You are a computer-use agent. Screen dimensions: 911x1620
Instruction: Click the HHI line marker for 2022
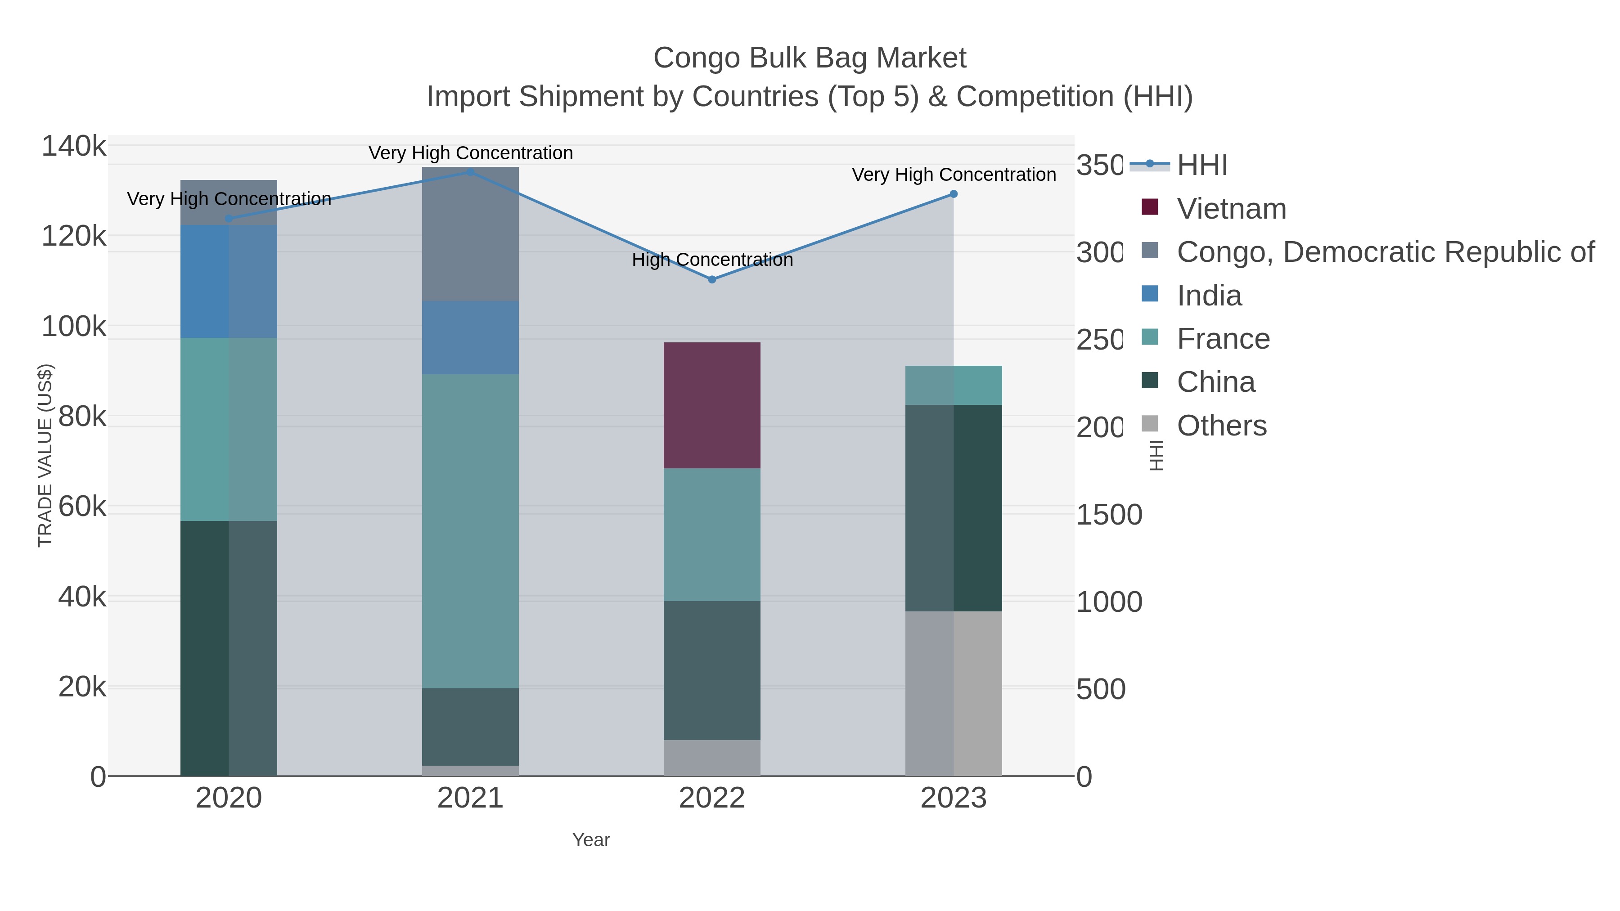[712, 279]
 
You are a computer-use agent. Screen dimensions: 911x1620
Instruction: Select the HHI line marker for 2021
[470, 172]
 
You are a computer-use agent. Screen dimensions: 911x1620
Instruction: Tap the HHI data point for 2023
[954, 193]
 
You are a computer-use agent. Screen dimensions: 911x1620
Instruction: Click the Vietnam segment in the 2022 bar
[712, 405]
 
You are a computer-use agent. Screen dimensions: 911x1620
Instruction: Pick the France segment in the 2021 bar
[470, 531]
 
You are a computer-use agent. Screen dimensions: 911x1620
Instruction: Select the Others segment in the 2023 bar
[954, 693]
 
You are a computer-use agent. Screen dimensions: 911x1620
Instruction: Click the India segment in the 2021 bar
[470, 337]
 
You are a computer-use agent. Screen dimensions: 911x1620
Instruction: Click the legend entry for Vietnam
[1231, 209]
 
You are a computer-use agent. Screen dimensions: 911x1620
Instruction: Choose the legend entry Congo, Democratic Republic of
[1385, 252]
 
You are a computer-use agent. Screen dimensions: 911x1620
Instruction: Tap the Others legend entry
[1221, 426]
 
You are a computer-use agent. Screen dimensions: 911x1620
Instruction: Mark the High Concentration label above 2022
[712, 260]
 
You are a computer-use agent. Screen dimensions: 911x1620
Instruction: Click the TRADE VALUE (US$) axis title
[45, 455]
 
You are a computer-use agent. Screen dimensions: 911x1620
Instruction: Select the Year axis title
[590, 840]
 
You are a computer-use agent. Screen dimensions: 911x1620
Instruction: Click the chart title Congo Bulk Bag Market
[810, 58]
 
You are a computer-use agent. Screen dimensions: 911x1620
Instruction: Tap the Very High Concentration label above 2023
[954, 175]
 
